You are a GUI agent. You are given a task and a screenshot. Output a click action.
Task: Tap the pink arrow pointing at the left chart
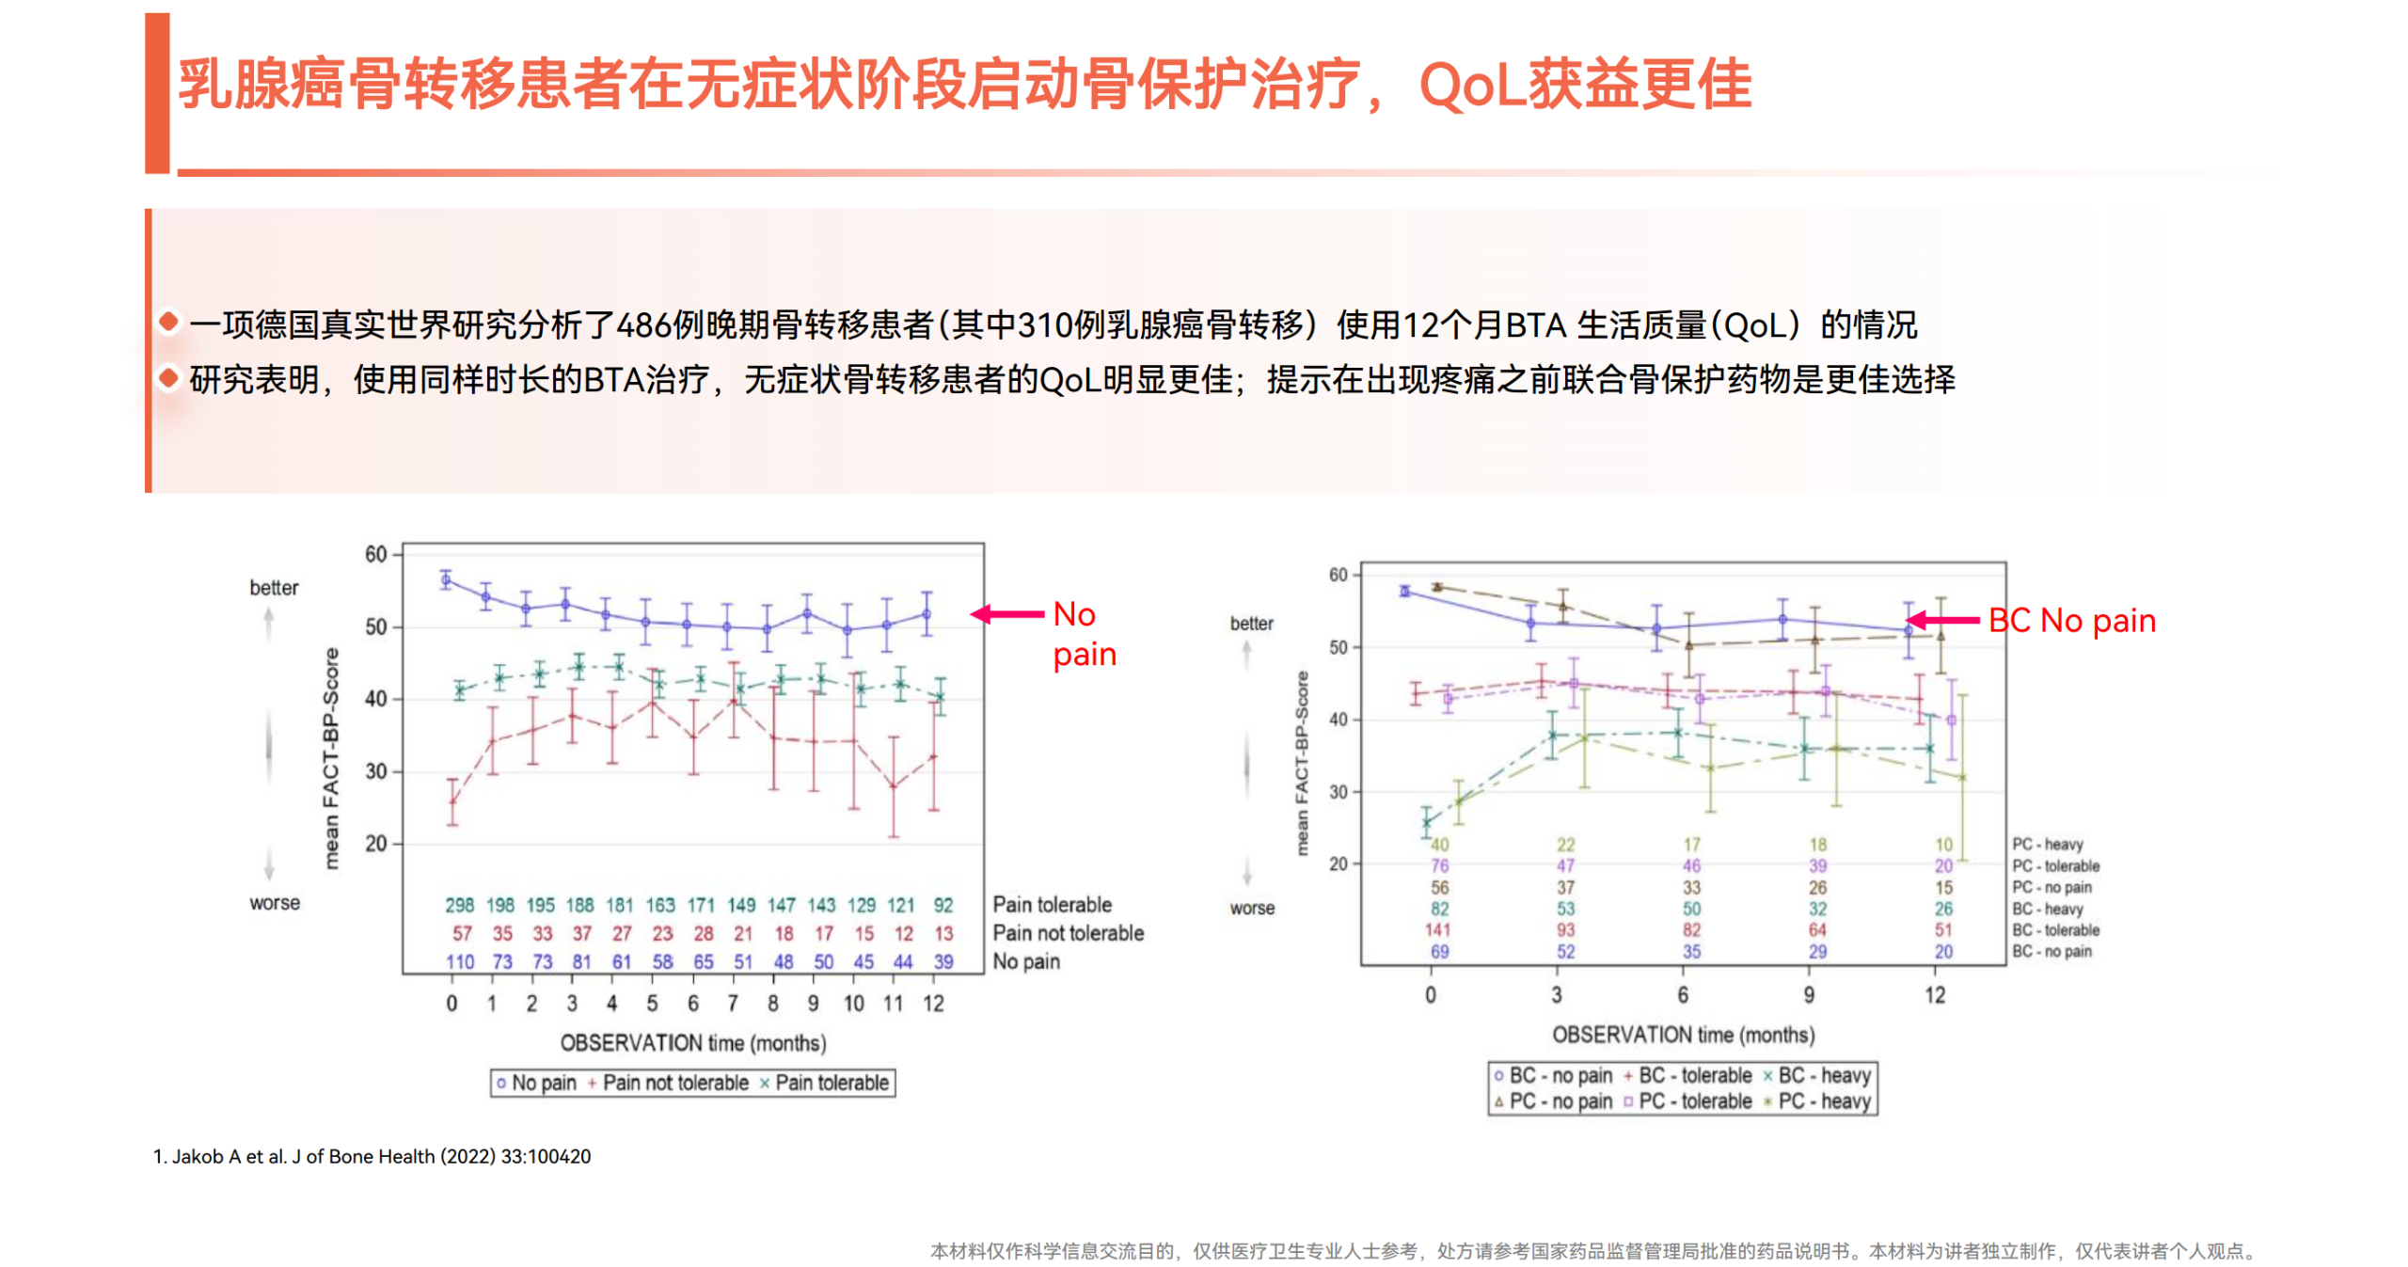point(1006,614)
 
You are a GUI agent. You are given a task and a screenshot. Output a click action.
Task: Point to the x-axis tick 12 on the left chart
point(932,1003)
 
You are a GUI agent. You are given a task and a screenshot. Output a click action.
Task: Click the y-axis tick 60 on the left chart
point(375,554)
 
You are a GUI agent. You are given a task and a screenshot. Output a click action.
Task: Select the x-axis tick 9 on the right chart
point(1808,994)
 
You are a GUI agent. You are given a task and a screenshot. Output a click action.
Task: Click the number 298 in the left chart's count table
point(459,905)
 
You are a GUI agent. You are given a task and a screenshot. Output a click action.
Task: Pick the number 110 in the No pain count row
point(459,961)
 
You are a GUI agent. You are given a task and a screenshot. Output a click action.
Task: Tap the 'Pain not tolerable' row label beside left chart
point(1068,933)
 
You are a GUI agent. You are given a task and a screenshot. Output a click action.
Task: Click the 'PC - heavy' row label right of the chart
point(2047,844)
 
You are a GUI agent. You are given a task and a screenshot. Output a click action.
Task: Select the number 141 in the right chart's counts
point(1437,929)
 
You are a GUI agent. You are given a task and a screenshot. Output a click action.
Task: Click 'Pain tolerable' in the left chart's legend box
point(831,1083)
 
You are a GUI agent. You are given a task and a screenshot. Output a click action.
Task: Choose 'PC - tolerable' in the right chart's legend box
point(1694,1101)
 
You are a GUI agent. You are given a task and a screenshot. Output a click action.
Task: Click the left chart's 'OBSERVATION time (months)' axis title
point(693,1042)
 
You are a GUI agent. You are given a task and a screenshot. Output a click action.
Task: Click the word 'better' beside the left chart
point(274,588)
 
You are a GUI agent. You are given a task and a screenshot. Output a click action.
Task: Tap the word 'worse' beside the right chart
point(1251,908)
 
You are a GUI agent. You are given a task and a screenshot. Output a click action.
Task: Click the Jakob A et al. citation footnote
point(372,1156)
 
